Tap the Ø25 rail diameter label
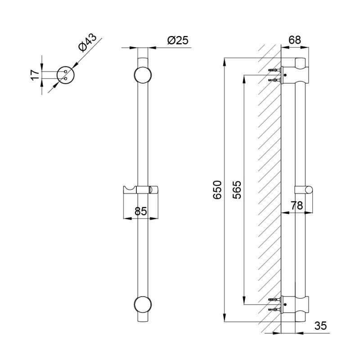[x=177, y=40]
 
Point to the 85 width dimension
[x=141, y=210]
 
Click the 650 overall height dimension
[x=217, y=189]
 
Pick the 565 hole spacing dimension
[x=237, y=189]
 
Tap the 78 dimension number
[x=297, y=206]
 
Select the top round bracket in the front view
[x=142, y=75]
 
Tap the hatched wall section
[x=269, y=189]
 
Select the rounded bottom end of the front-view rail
[x=142, y=319]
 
